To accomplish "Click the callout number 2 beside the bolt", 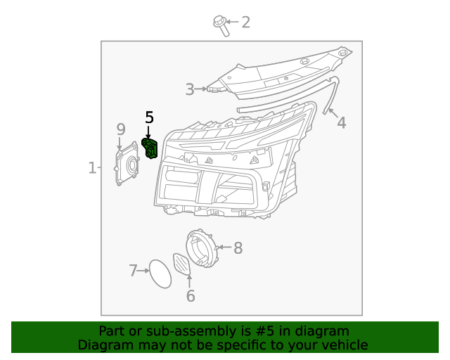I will (x=245, y=22).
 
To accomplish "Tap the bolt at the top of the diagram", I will (x=221, y=25).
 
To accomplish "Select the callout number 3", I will (x=190, y=89).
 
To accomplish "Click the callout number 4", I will (x=341, y=123).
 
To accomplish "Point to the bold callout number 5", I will (x=148, y=117).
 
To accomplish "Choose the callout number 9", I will (x=121, y=129).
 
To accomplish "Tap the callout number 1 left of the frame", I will (x=92, y=167).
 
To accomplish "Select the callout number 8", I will (x=238, y=247).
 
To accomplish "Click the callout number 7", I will (x=133, y=270).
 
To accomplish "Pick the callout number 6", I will (x=191, y=296).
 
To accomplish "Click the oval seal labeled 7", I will (x=160, y=274).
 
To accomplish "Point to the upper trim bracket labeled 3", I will (x=281, y=74).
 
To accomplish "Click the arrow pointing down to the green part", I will (x=148, y=131).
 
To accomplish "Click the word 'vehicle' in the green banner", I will (x=343, y=345).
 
